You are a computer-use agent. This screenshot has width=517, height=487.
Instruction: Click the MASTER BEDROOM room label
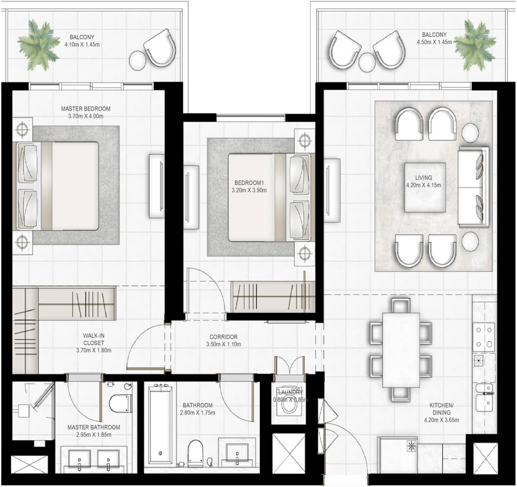point(85,109)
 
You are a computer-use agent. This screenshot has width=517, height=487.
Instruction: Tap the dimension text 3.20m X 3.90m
point(249,190)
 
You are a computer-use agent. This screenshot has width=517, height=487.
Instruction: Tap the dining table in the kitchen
point(401,350)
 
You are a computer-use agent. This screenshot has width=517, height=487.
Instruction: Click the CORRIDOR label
point(223,337)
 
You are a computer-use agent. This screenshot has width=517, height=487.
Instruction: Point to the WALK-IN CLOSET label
point(94,339)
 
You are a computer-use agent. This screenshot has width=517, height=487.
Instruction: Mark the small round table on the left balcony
point(138,60)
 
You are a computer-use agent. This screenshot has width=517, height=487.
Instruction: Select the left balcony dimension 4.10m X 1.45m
point(82,45)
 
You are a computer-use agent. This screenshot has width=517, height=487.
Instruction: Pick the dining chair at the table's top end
point(401,305)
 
